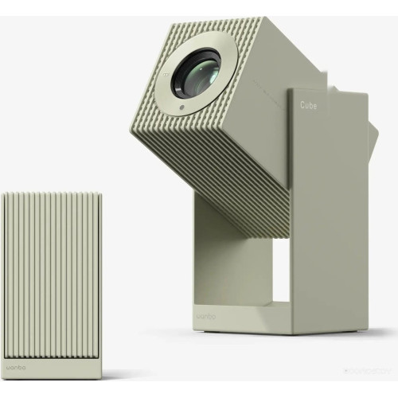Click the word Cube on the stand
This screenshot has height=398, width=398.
pos(310,104)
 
